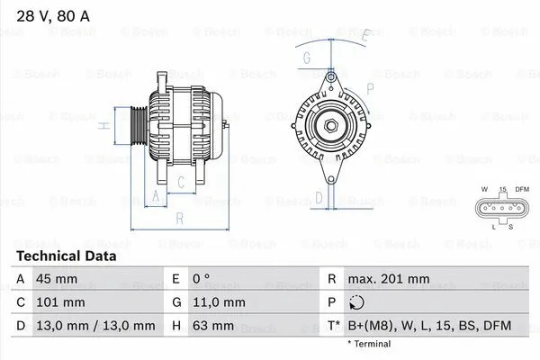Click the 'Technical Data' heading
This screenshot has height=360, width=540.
click(66, 256)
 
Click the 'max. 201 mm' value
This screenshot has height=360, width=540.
click(390, 280)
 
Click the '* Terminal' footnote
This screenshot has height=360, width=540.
click(369, 344)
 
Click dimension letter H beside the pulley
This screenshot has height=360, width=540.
click(104, 125)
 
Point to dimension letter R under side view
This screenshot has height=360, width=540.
click(180, 219)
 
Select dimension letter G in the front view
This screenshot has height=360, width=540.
click(307, 59)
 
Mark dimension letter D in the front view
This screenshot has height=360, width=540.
click(319, 197)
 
